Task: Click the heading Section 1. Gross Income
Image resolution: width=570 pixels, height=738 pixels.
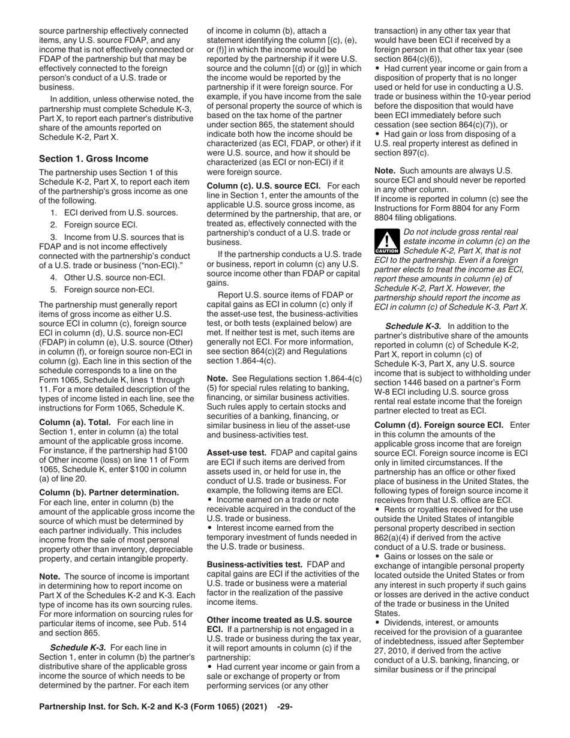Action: pyautogui.click(x=93, y=159)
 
